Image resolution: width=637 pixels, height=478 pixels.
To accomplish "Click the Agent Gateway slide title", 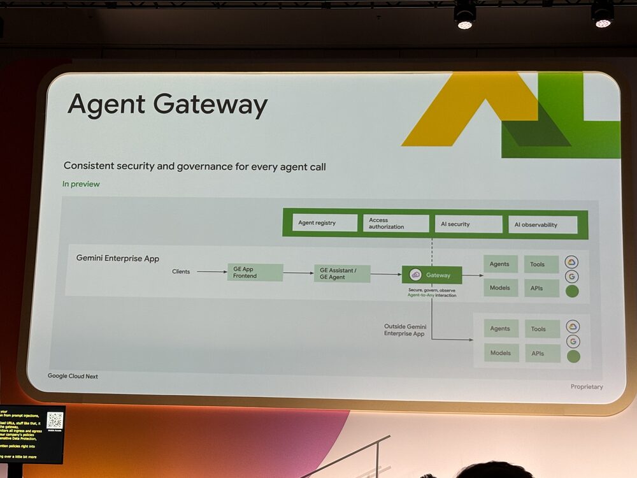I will coord(168,105).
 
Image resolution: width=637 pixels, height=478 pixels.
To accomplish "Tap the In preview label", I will coord(81,184).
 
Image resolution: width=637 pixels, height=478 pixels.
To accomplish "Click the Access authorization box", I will coord(397,223).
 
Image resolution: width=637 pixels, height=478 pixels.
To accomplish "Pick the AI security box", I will coord(470,224).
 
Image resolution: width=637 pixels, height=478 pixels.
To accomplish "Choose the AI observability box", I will coord(543,224).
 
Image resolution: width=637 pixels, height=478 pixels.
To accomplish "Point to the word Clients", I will coord(181,272).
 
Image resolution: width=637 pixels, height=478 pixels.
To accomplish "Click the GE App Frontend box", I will coord(255,273).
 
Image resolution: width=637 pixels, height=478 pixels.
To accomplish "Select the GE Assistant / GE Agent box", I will coord(342,273).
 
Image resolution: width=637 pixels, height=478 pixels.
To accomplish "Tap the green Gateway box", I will coord(432,275).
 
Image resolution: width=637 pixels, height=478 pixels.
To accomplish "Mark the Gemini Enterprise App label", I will coord(118,259).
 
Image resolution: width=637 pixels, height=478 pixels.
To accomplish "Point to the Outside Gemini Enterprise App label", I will coord(404,330).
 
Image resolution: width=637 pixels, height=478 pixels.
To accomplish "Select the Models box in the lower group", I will coord(501,353).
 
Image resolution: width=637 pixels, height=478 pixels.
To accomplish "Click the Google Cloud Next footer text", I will coord(73,376).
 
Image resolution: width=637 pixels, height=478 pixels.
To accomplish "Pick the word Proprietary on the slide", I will coord(587,387).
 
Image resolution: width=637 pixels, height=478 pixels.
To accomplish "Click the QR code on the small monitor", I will coord(55,420).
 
